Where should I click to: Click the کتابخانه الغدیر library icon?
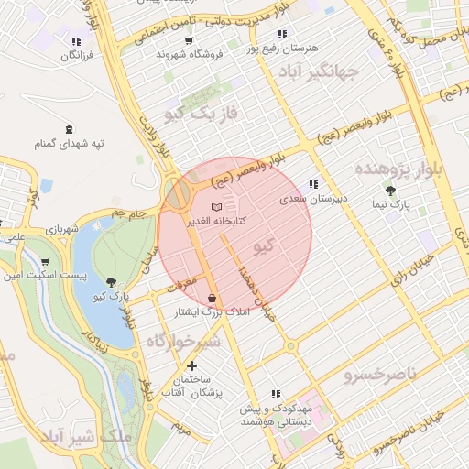point(216,208)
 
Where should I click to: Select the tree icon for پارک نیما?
point(391,191)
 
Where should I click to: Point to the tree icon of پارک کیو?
point(112,282)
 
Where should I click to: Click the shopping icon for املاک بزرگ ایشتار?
point(213,298)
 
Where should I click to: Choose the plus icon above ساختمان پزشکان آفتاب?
point(191,366)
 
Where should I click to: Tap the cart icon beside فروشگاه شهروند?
point(189,41)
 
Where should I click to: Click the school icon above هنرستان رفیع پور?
point(282,34)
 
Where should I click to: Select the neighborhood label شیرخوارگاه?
point(184,341)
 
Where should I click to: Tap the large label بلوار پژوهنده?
point(398,169)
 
